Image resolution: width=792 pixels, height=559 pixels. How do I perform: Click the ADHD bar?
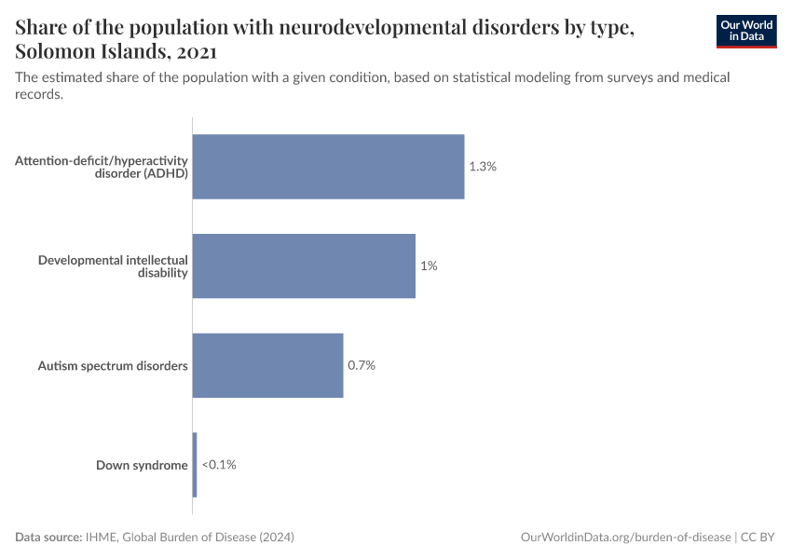click(x=328, y=167)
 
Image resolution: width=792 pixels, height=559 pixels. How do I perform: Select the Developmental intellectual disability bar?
click(x=304, y=266)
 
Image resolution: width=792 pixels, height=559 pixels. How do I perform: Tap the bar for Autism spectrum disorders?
click(x=268, y=365)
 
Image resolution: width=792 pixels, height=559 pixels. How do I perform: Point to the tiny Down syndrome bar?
click(x=195, y=464)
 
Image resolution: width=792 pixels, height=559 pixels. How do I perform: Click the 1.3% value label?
click(x=483, y=167)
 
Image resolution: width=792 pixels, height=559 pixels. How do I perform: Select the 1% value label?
click(x=429, y=266)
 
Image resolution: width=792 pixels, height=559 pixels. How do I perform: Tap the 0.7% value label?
click(x=362, y=365)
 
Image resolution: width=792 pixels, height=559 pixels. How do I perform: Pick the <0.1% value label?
click(x=219, y=464)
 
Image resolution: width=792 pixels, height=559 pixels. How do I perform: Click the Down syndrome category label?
click(x=142, y=465)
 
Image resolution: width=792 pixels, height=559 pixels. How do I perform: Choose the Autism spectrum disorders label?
click(x=113, y=365)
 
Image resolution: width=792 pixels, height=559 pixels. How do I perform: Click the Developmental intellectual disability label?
click(x=113, y=266)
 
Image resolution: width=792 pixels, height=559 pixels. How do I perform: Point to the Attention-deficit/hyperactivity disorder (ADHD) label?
click(x=102, y=167)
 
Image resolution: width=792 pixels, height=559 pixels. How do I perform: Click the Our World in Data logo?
click(x=745, y=31)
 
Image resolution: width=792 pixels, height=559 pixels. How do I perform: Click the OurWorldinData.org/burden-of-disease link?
click(x=624, y=538)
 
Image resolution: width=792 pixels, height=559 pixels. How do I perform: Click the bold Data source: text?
click(x=48, y=538)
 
